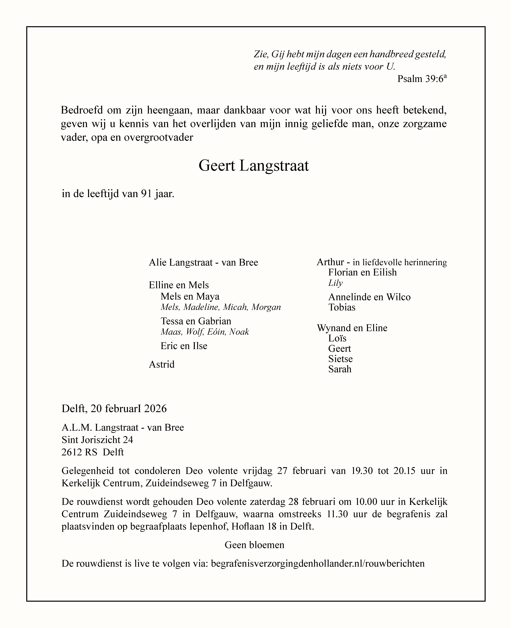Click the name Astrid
pos(162,365)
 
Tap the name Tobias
pos(342,307)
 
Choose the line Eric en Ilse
pos(184,346)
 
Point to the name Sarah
pos(340,369)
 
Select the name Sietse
pos(340,359)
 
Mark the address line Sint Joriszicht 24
pos(97,440)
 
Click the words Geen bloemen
pos(254,545)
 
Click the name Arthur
pos(330,262)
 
